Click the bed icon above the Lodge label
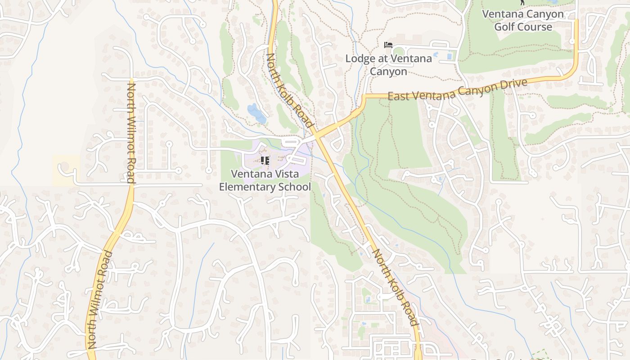(x=388, y=45)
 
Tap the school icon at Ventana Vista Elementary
(x=265, y=160)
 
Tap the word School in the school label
(x=293, y=186)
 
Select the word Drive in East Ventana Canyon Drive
(x=514, y=84)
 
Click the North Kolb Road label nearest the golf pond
(x=290, y=90)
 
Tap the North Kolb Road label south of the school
(x=395, y=287)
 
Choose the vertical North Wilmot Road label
(x=131, y=133)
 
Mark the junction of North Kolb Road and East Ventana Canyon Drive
(x=317, y=134)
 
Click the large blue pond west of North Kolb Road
(x=256, y=113)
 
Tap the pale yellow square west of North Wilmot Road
(x=66, y=170)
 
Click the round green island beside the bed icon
(x=399, y=51)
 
